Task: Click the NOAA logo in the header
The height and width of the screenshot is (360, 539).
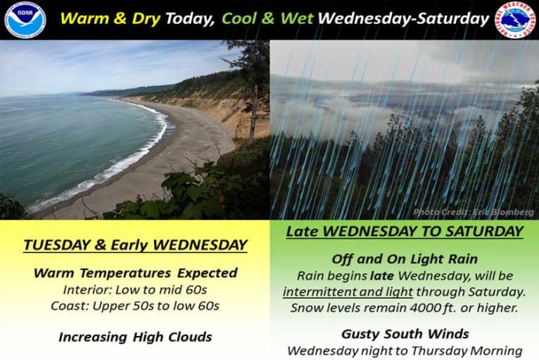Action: click(x=25, y=19)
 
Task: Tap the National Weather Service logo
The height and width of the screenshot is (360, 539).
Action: click(x=515, y=19)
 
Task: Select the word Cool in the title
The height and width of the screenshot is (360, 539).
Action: click(x=239, y=19)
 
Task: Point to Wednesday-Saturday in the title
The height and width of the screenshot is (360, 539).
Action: click(x=403, y=19)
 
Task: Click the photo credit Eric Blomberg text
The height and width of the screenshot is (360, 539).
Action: click(x=473, y=212)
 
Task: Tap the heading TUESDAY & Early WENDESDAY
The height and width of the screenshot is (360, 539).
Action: click(x=136, y=245)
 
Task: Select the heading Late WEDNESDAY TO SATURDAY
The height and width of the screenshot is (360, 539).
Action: click(x=404, y=231)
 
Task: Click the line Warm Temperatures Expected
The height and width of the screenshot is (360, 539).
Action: click(x=136, y=273)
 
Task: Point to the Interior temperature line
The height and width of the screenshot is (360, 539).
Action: click(x=135, y=290)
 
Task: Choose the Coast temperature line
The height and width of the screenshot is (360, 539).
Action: click(x=135, y=306)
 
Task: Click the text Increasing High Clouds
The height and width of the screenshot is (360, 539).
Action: click(x=135, y=337)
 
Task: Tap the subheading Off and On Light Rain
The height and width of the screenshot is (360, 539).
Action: click(x=404, y=259)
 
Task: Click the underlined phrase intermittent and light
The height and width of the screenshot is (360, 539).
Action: click(x=348, y=292)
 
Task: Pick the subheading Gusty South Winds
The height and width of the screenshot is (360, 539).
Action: click(x=405, y=334)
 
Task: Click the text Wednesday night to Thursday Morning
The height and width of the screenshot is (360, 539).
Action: click(x=404, y=351)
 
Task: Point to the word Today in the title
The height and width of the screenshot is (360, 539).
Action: click(x=190, y=19)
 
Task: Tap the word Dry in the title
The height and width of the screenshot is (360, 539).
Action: click(x=146, y=19)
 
